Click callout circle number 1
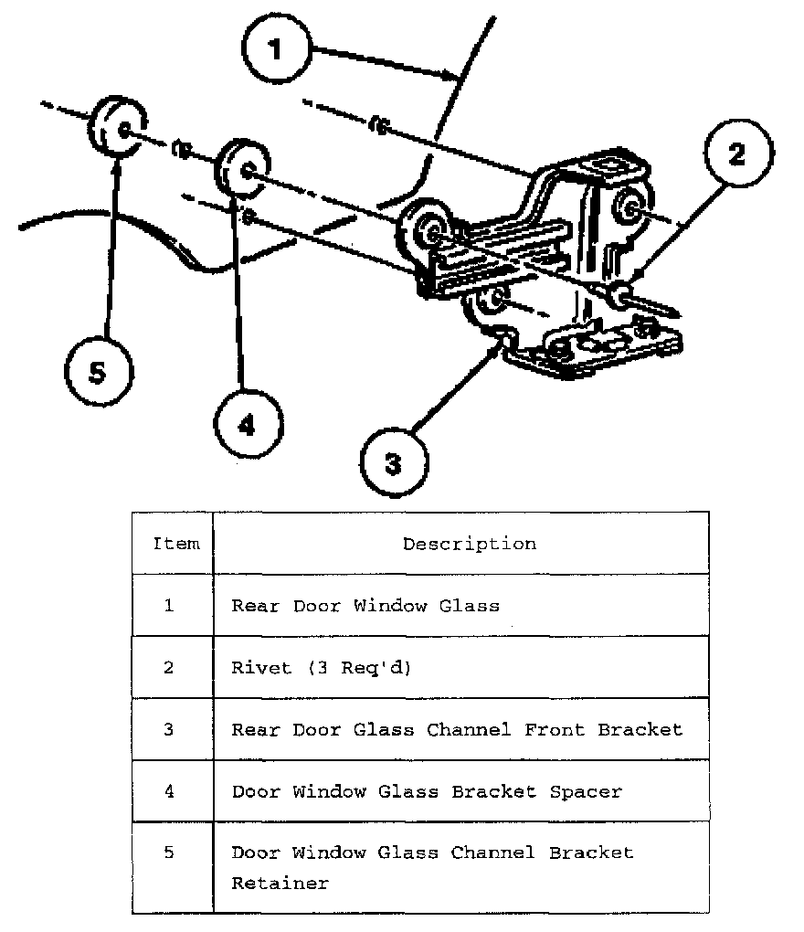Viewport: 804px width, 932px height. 276,48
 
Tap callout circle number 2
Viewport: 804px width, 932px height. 736,154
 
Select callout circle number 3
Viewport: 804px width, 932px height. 393,463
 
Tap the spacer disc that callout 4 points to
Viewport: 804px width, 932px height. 239,170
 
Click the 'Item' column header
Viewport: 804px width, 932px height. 175,544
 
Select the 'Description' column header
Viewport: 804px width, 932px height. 470,544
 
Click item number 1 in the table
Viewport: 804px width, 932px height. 169,605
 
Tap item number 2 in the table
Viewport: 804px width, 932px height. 169,667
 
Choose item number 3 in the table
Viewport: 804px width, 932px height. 169,729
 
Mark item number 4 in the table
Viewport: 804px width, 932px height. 169,791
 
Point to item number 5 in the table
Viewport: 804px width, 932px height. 169,853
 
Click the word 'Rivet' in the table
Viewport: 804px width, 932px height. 261,667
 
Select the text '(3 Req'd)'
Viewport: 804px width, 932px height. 359,667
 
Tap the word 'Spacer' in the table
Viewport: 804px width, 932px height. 586,791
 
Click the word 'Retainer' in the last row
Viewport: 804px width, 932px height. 280,884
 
